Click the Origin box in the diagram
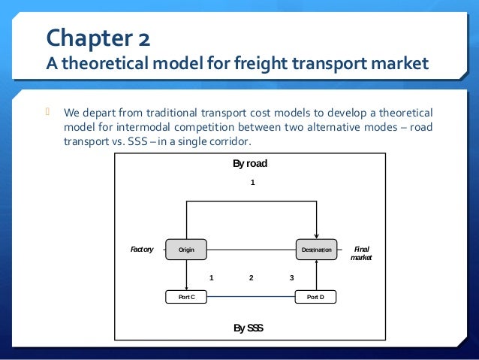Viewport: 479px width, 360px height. pos(186,250)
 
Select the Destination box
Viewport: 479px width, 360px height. pos(318,250)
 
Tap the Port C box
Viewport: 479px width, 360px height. pos(186,297)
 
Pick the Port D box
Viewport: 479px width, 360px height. pos(316,297)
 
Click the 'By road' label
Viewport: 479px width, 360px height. pos(250,163)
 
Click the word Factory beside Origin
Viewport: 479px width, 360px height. pos(142,250)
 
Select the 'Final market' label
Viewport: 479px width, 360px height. pos(361,253)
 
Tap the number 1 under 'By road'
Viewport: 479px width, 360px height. pos(253,183)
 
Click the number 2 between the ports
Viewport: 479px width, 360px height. pos(252,277)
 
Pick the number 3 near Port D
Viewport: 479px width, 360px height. pos(291,277)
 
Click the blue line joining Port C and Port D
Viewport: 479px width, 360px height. pos(251,297)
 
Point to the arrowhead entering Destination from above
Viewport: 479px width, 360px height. pos(318,236)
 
